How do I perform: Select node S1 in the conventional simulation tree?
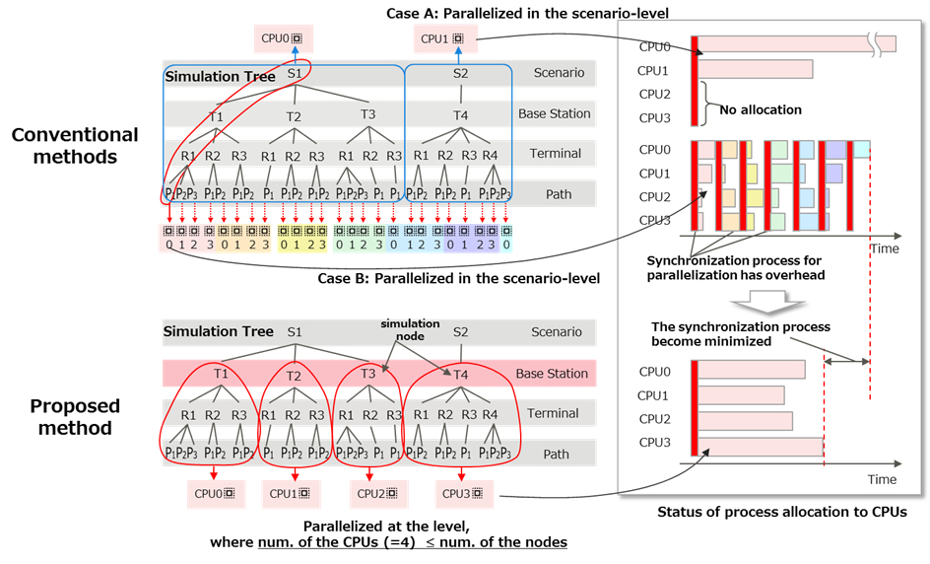(x=294, y=72)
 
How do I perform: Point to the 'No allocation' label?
(x=761, y=109)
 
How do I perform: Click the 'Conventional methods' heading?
(x=75, y=145)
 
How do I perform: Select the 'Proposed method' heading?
(x=75, y=417)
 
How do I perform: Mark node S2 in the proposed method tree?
(x=460, y=332)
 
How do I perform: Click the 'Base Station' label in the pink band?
(x=552, y=375)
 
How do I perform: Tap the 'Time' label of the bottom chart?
(x=882, y=479)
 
